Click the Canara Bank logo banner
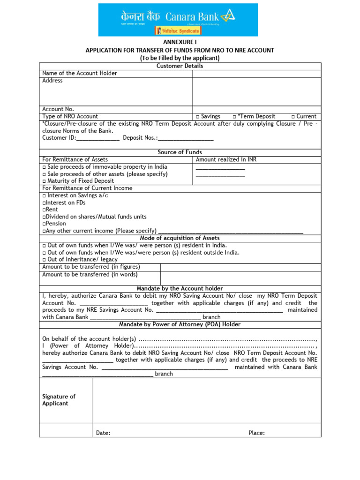click(178, 19)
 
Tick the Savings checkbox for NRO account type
click(198, 116)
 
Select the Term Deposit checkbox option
click(234, 116)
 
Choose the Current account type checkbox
click(292, 116)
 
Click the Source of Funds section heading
click(180, 152)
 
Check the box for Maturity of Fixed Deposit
click(44, 181)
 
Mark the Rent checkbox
click(44, 210)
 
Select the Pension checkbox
click(44, 224)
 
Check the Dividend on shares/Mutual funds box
click(44, 217)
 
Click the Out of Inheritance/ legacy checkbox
click(44, 260)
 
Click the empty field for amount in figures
click(240, 267)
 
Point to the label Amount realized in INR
click(226, 159)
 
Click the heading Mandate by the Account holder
click(180, 288)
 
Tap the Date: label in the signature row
click(103, 433)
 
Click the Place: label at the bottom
click(256, 433)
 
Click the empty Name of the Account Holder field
click(256, 73)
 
